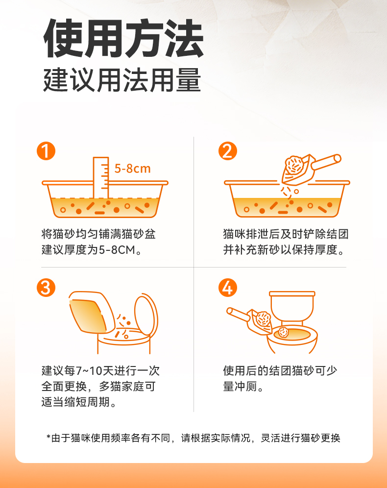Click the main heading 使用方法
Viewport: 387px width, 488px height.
(123, 39)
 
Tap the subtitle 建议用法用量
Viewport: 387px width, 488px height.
(122, 80)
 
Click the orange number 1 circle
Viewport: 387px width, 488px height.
(46, 151)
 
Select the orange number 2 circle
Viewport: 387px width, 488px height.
(228, 151)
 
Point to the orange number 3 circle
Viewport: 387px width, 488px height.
(46, 288)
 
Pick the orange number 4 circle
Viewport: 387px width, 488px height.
(228, 288)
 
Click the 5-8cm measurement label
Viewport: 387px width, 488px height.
(133, 169)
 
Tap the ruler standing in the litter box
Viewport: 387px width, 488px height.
(101, 177)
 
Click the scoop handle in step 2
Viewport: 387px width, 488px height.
(326, 162)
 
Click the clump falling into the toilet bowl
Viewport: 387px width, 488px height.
(284, 332)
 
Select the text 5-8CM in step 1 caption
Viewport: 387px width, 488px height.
(117, 250)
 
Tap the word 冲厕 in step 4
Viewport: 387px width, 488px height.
(246, 387)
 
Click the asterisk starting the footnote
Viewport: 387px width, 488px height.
(48, 437)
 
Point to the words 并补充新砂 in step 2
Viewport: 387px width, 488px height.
(252, 250)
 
